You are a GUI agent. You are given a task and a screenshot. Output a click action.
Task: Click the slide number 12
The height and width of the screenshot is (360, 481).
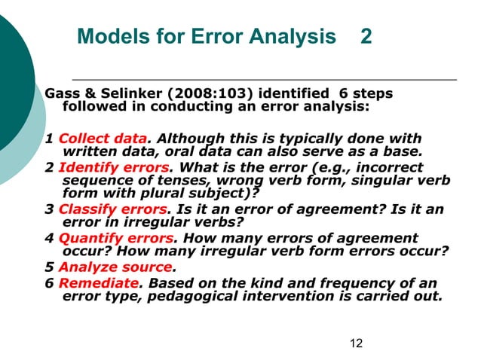357,343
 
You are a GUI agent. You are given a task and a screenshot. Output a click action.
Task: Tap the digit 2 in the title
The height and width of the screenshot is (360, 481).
366,36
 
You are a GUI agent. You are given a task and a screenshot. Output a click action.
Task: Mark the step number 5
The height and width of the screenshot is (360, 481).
49,266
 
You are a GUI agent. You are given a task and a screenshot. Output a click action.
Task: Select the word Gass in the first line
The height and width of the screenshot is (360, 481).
62,94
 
